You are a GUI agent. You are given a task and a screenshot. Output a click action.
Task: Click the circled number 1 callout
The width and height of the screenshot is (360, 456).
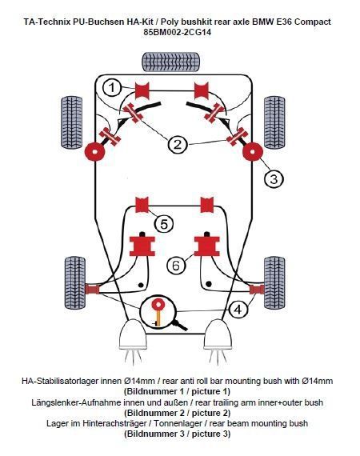pyautogui.click(x=114, y=86)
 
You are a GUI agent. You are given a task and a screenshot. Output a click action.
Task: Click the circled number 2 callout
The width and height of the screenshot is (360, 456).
pyautogui.click(x=178, y=144)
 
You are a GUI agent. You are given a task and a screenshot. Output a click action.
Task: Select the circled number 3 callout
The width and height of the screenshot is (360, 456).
pyautogui.click(x=274, y=178)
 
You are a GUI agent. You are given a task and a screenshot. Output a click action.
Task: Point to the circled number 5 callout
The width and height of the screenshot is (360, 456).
pyautogui.click(x=163, y=224)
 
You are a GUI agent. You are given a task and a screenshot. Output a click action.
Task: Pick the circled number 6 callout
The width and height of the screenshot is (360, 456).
pyautogui.click(x=178, y=264)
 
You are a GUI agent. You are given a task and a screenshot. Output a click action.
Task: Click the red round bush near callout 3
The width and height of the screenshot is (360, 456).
pyautogui.click(x=253, y=151)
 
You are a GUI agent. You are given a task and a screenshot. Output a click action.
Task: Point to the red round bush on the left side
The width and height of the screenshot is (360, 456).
pyautogui.click(x=97, y=151)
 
